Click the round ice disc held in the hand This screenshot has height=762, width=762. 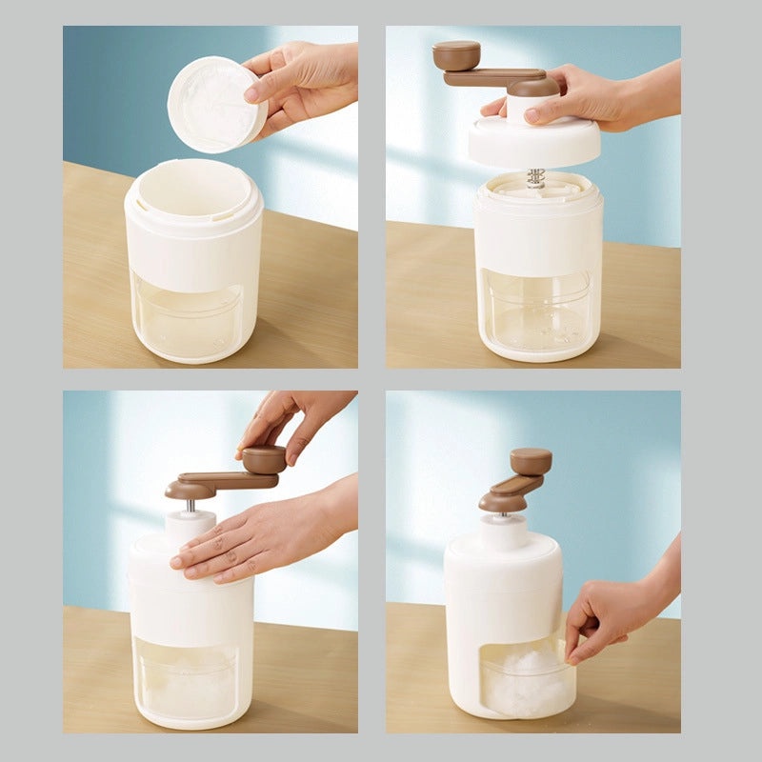tap(216, 104)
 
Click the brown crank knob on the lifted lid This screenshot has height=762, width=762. tap(456, 54)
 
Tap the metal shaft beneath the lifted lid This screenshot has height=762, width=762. tap(536, 177)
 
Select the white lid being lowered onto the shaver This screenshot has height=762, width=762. tap(534, 139)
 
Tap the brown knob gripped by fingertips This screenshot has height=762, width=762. tap(264, 460)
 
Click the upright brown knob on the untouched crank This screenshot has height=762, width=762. tap(531, 461)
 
